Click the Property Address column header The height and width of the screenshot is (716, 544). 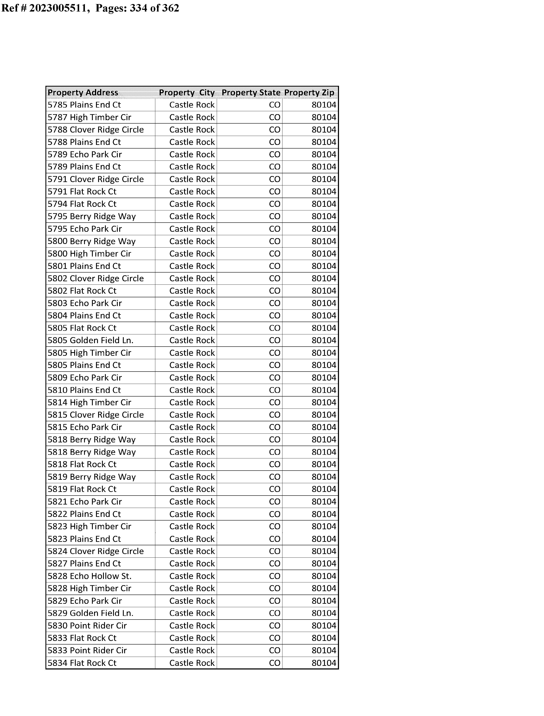tap(83, 93)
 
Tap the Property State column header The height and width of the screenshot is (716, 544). tap(251, 93)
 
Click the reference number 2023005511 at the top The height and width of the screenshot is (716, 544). tap(58, 8)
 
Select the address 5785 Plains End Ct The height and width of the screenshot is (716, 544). tap(84, 105)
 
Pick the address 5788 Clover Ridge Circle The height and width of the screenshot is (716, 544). tap(96, 130)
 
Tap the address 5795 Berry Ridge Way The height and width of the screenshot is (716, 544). tap(92, 216)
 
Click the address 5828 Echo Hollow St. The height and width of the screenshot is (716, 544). tap(89, 576)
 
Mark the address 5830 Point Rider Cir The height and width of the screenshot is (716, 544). tap(87, 626)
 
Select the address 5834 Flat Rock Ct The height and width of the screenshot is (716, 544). tap(82, 663)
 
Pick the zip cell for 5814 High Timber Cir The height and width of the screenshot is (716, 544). tap(324, 402)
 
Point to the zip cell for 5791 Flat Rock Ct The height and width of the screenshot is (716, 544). tap(324, 192)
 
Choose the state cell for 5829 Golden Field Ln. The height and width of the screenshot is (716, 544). tap(275, 613)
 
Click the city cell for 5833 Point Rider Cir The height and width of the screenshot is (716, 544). tap(192, 650)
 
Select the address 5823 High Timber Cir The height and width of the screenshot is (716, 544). tap(89, 526)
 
